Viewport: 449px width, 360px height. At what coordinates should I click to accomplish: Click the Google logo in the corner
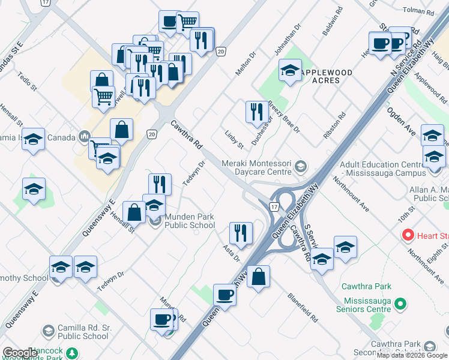(x=20, y=353)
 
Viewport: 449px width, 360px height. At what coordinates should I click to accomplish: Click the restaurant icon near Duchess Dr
(x=255, y=112)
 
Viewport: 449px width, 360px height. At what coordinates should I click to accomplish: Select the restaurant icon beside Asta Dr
(x=240, y=233)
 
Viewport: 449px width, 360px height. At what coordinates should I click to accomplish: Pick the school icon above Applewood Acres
(x=290, y=71)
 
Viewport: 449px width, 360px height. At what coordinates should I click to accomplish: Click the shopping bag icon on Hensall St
(x=134, y=212)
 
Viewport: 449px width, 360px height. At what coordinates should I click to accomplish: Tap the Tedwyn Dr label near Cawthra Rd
(x=194, y=173)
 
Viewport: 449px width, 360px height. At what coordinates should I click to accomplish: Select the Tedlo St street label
(x=28, y=83)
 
